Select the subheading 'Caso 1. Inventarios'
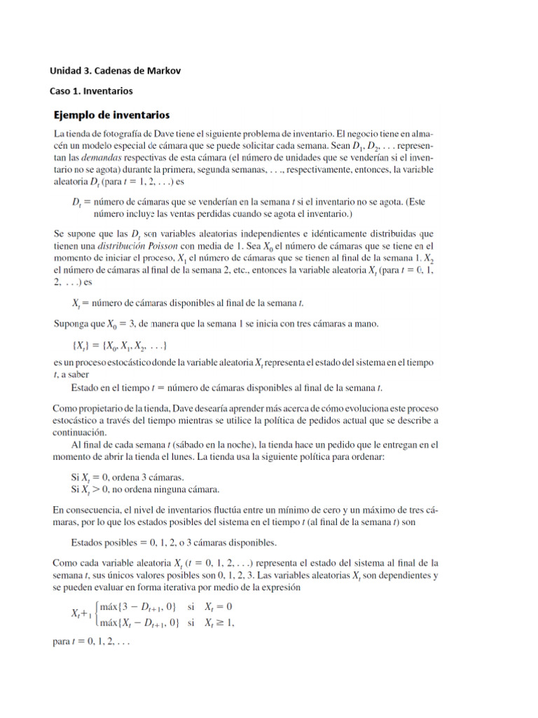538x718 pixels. [x=91, y=91]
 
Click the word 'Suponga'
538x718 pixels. [x=72, y=325]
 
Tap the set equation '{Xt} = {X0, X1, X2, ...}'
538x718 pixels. [x=119, y=347]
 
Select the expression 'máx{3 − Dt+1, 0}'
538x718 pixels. [x=138, y=607]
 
